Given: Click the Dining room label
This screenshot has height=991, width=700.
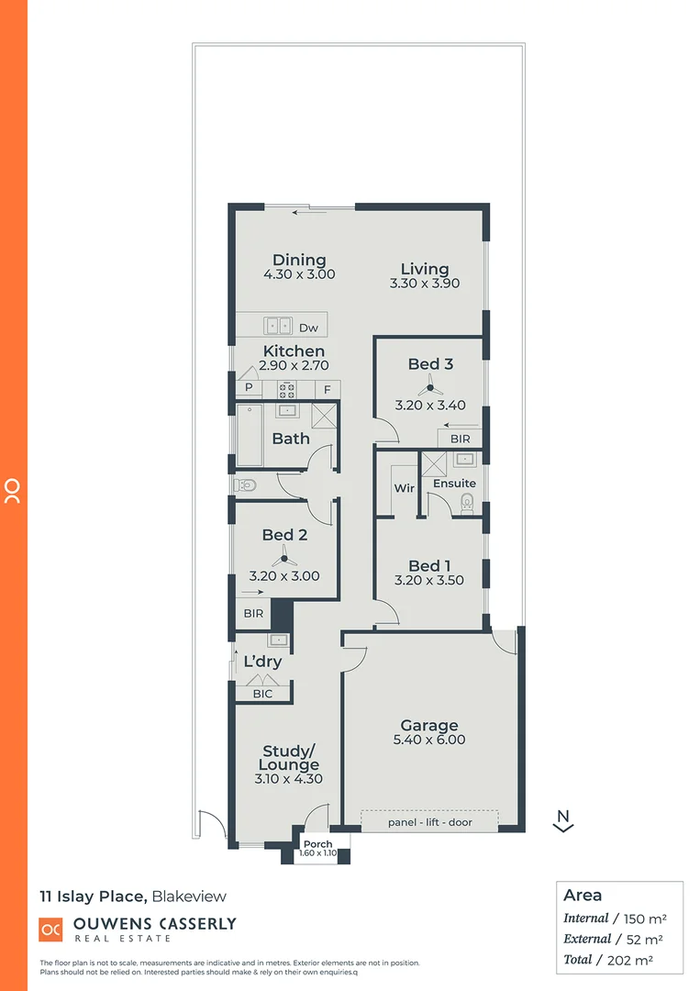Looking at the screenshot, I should coord(299,261).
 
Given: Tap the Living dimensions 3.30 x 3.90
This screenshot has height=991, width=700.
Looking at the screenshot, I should coord(424,284).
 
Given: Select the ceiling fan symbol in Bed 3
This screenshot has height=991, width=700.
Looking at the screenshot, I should coord(424,388).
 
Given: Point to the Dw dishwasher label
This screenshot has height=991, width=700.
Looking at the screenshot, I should coord(308,327).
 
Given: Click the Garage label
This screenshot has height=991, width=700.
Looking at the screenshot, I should coord(429,726).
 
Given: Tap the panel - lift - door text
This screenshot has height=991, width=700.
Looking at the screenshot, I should coord(429,822).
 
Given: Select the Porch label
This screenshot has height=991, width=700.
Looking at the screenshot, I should coord(317,844).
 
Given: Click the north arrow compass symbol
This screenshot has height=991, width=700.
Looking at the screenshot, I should coord(564,821).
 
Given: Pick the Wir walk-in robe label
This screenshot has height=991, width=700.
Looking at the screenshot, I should coord(405,488).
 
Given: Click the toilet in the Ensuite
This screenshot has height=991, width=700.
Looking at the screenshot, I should coord(467,501).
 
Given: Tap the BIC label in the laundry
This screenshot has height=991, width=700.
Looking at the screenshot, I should coord(262,695).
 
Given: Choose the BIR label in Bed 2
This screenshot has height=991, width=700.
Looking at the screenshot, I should coord(253,614).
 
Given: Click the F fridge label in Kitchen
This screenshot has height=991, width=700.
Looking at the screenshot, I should coord(326,389).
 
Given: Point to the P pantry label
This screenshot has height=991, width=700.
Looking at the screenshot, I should coord(248,389).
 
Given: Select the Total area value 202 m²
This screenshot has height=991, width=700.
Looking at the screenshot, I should coord(639,960).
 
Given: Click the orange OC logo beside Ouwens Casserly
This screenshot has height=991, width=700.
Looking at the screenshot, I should coord(50,930).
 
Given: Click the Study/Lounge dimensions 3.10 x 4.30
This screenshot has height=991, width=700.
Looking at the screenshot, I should coord(288,779).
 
